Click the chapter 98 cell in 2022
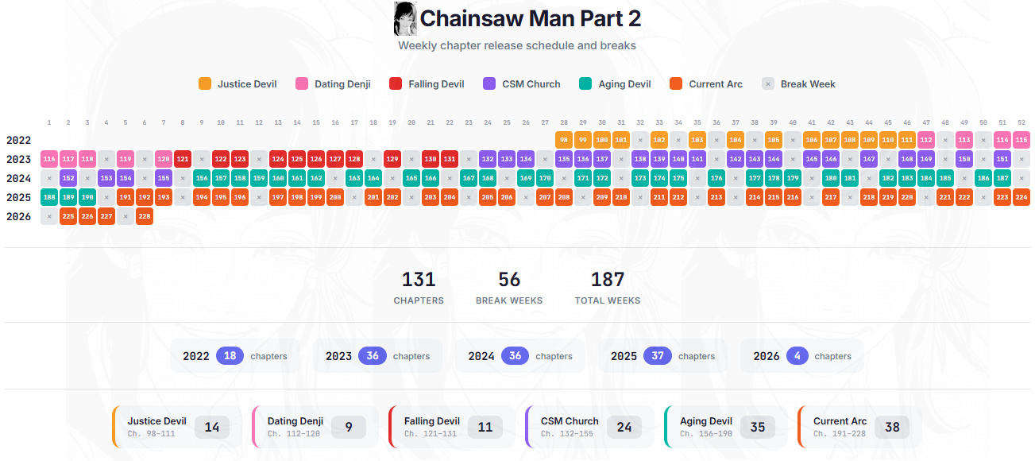tap(564, 140)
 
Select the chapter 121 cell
tap(183, 159)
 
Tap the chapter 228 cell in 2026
tap(145, 216)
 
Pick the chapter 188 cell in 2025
tap(49, 197)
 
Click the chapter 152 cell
tap(68, 178)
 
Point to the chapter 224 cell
tap(1021, 197)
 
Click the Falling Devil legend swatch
tap(396, 83)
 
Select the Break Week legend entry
tap(799, 83)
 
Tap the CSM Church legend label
tap(531, 83)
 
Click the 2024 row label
tap(18, 178)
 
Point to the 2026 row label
tap(18, 216)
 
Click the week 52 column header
tap(1021, 122)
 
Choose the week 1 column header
tap(49, 122)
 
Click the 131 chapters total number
tap(419, 279)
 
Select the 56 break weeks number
tap(509, 279)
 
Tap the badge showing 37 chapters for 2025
tap(658, 356)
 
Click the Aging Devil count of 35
tap(758, 427)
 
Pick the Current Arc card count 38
tap(892, 427)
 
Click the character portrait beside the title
tap(405, 18)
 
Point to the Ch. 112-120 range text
tap(292, 434)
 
